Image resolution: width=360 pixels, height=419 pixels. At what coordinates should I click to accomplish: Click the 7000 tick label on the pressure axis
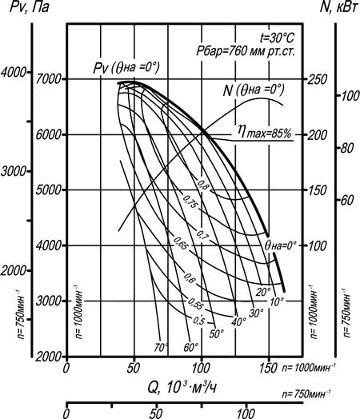(x=49, y=79)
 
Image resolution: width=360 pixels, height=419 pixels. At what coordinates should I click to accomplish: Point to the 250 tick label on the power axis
(x=318, y=79)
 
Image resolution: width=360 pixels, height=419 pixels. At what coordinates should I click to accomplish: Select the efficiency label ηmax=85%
(x=265, y=132)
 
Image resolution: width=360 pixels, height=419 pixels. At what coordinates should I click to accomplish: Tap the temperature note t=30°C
(x=277, y=38)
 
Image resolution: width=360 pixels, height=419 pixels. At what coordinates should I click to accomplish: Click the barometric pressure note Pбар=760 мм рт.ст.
(x=246, y=50)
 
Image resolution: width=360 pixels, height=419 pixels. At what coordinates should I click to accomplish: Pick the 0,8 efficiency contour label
(x=203, y=185)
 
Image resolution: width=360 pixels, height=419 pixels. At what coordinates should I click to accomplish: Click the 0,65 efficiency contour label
(x=181, y=243)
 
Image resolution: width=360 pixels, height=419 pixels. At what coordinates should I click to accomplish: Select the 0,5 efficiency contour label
(x=198, y=320)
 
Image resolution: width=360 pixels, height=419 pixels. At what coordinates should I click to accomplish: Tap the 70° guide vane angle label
(x=161, y=347)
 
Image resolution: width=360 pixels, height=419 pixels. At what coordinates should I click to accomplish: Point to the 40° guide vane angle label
(x=238, y=322)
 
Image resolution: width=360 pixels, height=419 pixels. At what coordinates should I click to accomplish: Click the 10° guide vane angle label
(x=277, y=301)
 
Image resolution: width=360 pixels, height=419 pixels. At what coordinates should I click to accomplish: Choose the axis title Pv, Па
(x=30, y=7)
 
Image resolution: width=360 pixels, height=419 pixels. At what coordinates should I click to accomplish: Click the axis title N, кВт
(x=338, y=7)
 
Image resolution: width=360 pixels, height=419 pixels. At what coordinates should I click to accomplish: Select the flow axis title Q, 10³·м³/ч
(x=182, y=388)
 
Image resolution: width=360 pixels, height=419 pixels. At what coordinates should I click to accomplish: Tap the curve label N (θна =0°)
(x=254, y=90)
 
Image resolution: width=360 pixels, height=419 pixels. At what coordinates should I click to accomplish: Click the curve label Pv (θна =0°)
(x=126, y=67)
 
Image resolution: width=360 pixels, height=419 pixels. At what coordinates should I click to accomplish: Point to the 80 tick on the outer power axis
(x=347, y=148)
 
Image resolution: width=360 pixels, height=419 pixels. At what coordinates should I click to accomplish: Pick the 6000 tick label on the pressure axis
(x=49, y=134)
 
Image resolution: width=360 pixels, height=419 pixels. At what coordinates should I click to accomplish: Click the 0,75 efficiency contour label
(x=190, y=202)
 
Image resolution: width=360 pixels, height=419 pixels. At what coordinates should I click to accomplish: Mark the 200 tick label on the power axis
(x=318, y=135)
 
